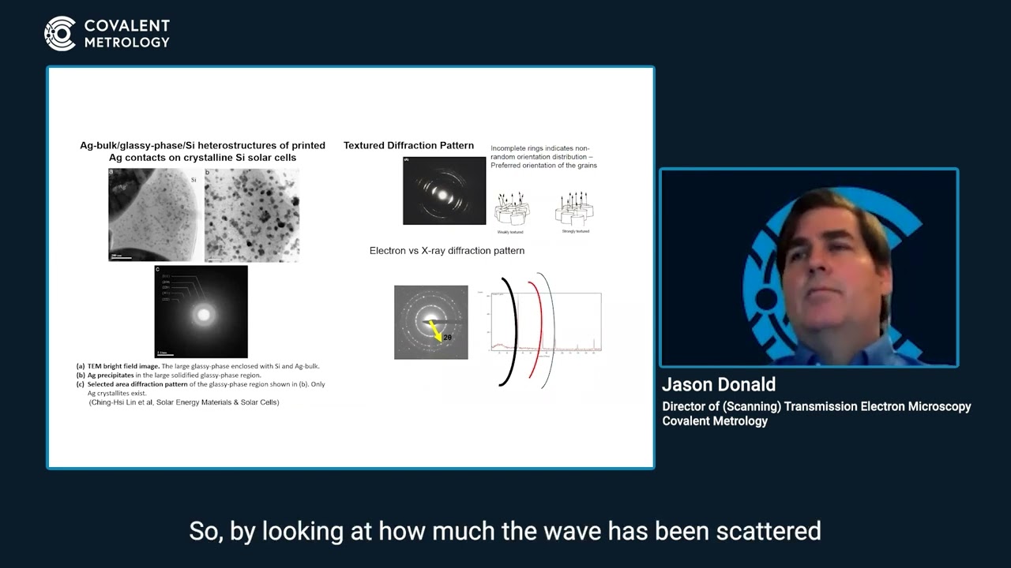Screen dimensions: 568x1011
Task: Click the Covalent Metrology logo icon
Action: click(60, 34)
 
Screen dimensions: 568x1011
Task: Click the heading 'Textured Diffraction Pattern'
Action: click(408, 145)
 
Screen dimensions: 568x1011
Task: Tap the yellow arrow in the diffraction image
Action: click(434, 331)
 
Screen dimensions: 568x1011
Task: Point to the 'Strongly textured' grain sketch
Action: click(575, 210)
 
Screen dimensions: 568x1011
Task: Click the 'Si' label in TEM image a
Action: click(192, 180)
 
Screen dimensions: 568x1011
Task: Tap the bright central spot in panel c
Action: click(204, 315)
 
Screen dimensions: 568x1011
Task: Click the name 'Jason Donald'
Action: click(719, 384)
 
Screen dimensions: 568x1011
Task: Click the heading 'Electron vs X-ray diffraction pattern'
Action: click(447, 251)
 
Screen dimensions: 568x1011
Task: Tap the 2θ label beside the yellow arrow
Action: click(447, 338)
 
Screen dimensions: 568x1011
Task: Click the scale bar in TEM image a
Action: click(120, 257)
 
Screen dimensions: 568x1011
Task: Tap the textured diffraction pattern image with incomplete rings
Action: click(444, 190)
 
